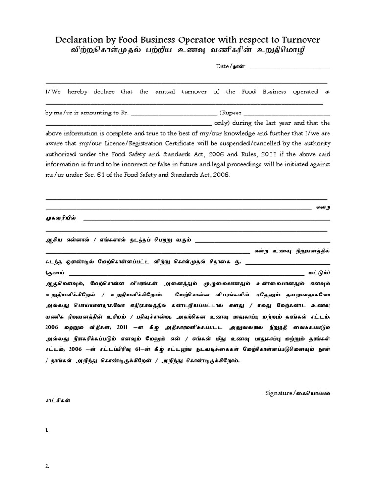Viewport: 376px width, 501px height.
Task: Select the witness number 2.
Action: coord(47,466)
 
